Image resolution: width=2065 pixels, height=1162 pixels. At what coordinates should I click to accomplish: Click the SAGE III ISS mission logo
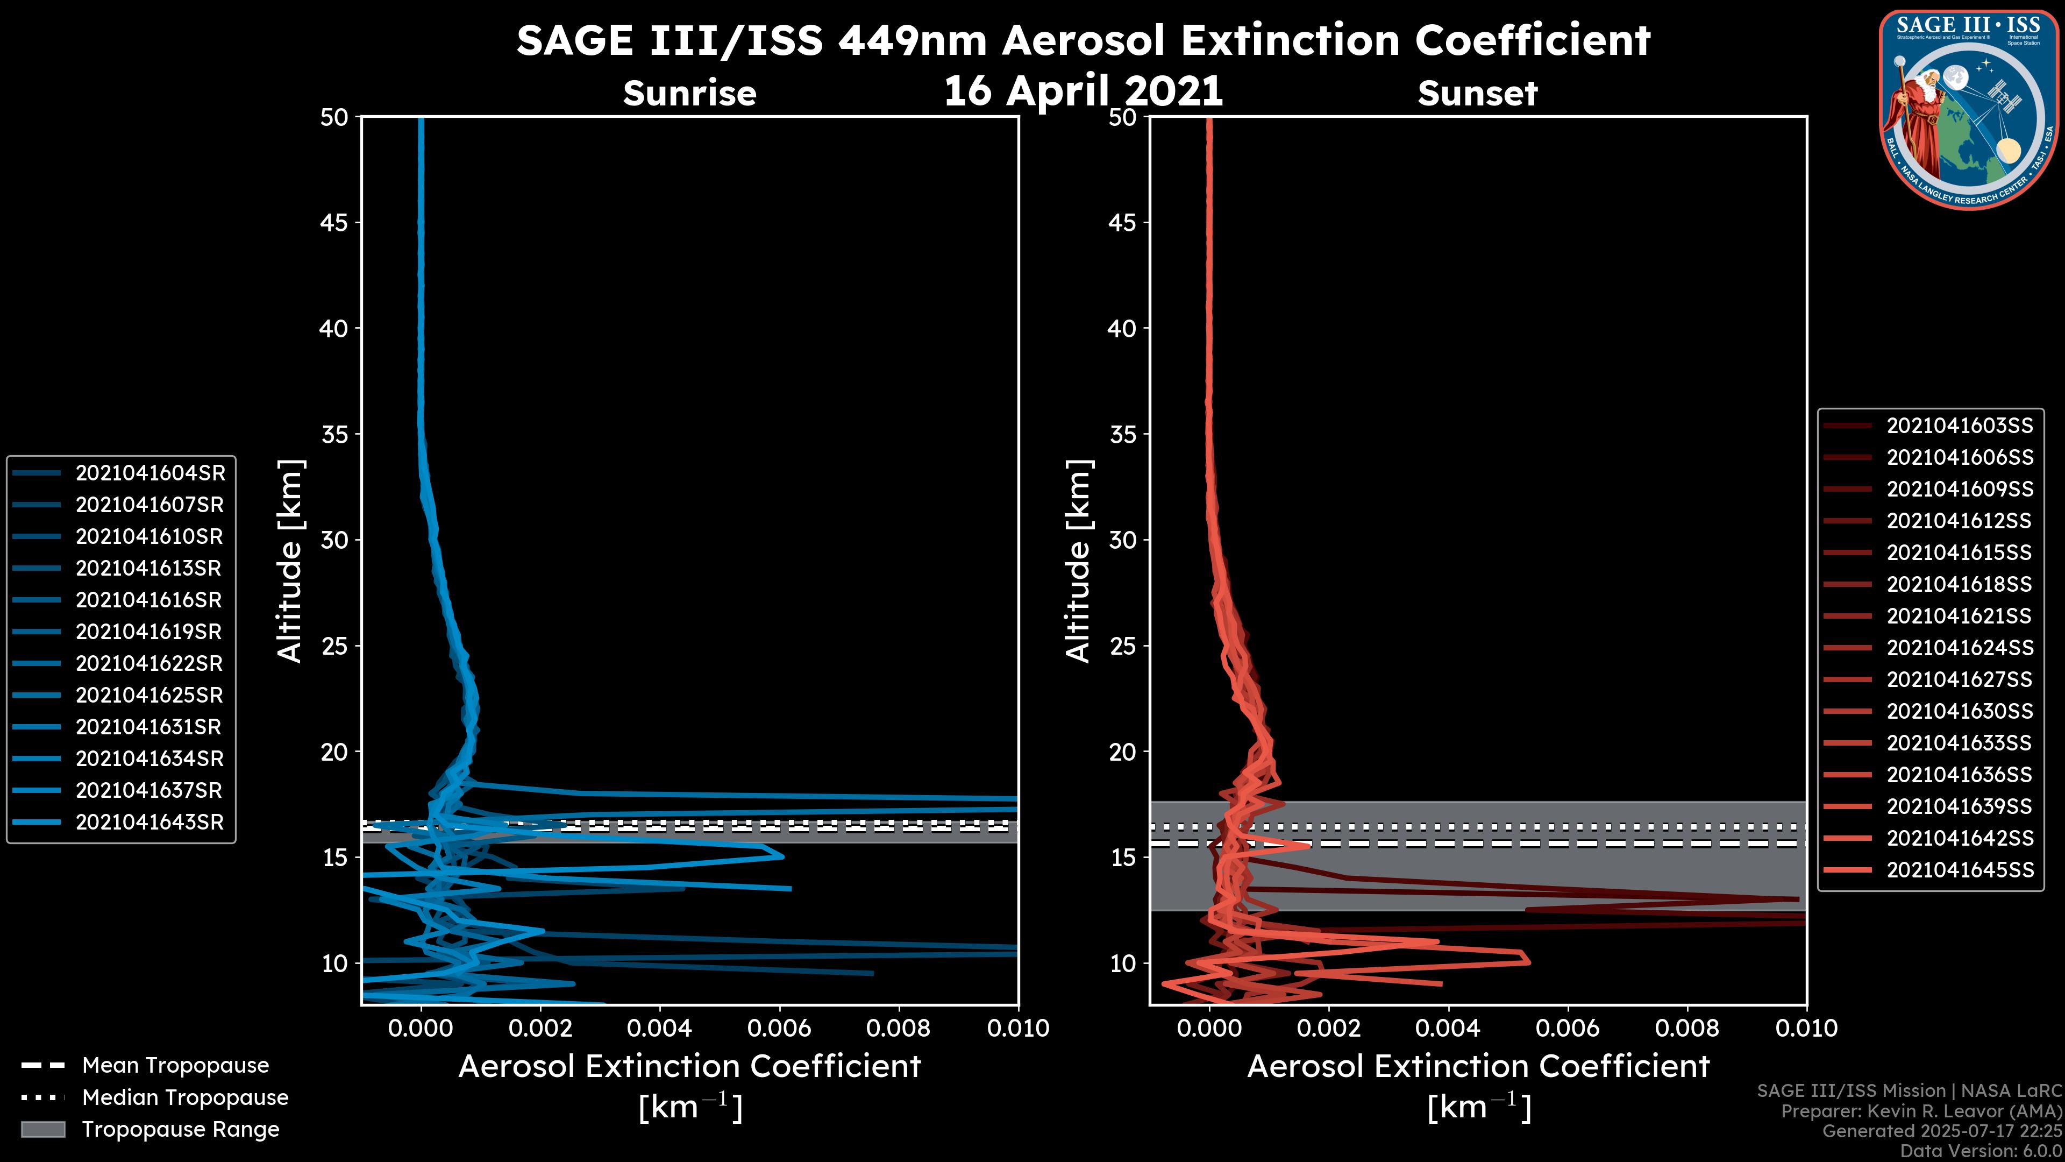(1969, 109)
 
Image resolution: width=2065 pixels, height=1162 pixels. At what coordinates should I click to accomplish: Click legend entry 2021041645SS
(1959, 870)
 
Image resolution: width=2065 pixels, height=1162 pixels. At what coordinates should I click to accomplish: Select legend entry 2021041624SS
(1959, 648)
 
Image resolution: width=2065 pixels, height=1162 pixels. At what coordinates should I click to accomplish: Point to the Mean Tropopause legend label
(175, 1066)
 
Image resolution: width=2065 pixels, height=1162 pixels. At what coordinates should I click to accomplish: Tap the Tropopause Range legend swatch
(42, 1129)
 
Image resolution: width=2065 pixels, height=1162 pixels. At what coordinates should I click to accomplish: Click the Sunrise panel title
(689, 94)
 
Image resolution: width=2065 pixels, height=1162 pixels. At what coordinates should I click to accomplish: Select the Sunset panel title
(1477, 94)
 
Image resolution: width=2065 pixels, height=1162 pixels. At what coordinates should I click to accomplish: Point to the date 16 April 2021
(1083, 90)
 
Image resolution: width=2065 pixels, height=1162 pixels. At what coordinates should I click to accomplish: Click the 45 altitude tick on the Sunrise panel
(334, 223)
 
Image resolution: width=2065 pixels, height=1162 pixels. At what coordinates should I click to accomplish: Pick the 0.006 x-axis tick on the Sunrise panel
(778, 1028)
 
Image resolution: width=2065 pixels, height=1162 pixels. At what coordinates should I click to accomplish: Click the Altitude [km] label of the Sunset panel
(1078, 561)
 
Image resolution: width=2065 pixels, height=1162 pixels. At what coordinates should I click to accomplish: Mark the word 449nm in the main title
(912, 40)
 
